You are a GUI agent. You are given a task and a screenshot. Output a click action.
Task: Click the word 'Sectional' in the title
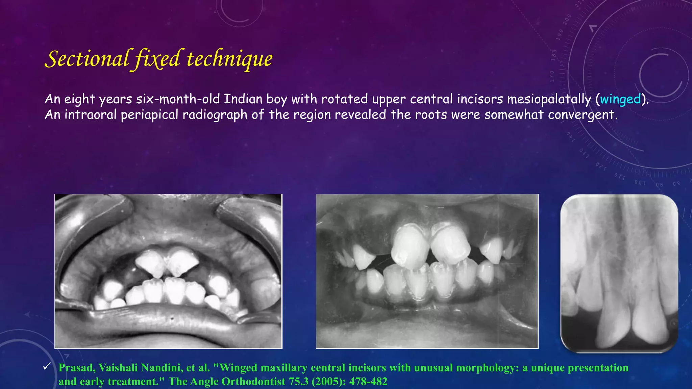[x=87, y=59]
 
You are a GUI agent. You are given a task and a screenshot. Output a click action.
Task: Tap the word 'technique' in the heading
[x=229, y=59]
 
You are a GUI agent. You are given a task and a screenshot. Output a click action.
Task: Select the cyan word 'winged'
[x=620, y=99]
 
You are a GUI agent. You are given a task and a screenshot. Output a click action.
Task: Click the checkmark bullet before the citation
[x=47, y=367]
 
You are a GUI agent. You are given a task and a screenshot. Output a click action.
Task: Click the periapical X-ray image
[x=619, y=274]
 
